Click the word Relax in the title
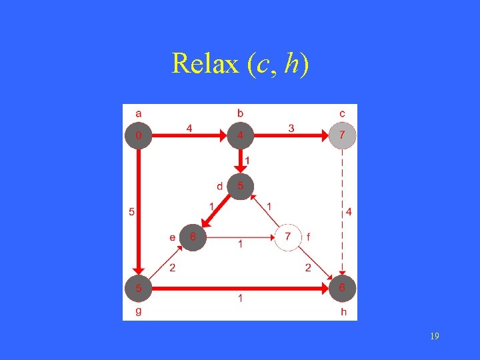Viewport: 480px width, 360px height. pyautogui.click(x=205, y=64)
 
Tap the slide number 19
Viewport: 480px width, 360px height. pyautogui.click(x=434, y=337)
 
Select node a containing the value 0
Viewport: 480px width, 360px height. pyautogui.click(x=138, y=136)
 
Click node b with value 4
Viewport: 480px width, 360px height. pyautogui.click(x=241, y=136)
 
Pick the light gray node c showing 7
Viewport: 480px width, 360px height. pyautogui.click(x=343, y=136)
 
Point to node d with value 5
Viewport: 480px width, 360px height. pyautogui.click(x=241, y=186)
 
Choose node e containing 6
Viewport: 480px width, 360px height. pyautogui.click(x=193, y=237)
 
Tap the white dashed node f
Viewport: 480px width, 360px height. pyautogui.click(x=288, y=237)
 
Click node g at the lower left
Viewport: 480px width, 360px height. pyautogui.click(x=138, y=289)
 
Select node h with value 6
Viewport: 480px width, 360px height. pyautogui.click(x=343, y=289)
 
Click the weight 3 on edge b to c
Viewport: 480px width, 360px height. pyautogui.click(x=291, y=127)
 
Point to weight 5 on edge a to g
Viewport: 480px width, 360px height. pyautogui.click(x=131, y=213)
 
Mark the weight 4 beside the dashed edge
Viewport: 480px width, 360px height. pyautogui.click(x=349, y=213)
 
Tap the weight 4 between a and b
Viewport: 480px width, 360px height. pyautogui.click(x=189, y=127)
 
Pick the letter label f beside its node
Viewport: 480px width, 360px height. pyautogui.click(x=309, y=237)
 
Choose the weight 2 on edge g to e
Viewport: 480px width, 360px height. pyautogui.click(x=172, y=269)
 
